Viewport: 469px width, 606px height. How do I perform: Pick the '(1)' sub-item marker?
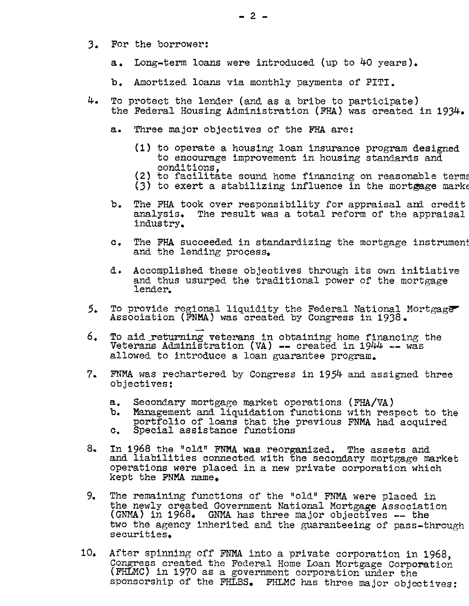click(143, 148)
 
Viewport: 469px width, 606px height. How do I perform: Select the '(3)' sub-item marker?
click(143, 186)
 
